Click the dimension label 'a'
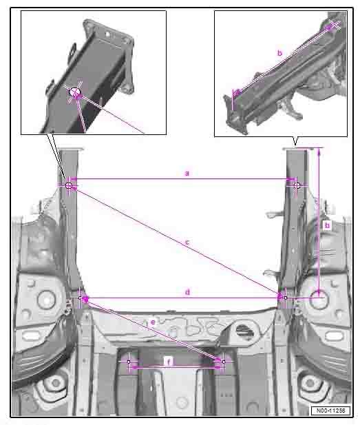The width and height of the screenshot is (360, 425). tap(187, 173)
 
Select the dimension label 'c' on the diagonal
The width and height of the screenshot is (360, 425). tap(187, 242)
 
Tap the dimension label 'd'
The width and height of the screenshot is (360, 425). tap(187, 292)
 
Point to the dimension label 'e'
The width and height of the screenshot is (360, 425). tap(153, 322)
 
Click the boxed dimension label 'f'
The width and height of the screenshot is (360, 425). tap(169, 362)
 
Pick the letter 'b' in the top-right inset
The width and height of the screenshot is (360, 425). tap(280, 53)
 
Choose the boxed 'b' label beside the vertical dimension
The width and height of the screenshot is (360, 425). tap(327, 225)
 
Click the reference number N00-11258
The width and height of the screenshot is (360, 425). tap(330, 411)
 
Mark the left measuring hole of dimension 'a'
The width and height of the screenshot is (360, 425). tap(69, 186)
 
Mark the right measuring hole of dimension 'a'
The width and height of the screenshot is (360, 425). tap(297, 185)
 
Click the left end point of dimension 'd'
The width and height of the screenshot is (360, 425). tap(80, 298)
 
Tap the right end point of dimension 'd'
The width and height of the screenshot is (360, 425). tap(286, 298)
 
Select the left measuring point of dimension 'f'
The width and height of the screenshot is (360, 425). tap(129, 362)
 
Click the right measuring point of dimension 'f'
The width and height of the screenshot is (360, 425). tap(224, 362)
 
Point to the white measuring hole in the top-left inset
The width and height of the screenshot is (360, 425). tap(75, 92)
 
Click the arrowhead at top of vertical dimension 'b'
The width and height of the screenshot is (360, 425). tap(319, 152)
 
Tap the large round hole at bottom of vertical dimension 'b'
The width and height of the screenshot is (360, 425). tap(319, 299)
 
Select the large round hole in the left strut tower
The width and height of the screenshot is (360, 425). tap(46, 300)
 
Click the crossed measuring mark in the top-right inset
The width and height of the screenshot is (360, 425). tap(335, 25)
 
